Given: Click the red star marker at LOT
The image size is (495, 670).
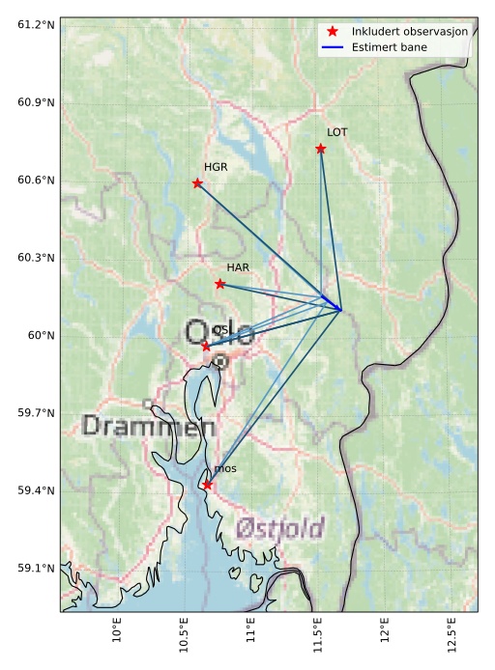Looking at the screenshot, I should coord(320,149).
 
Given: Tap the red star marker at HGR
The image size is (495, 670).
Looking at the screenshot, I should coord(197,183).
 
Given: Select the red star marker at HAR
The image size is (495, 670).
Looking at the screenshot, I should coord(220,284).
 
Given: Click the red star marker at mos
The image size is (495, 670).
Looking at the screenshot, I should coord(207,485).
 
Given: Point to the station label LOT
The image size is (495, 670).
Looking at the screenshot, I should coord(336,132).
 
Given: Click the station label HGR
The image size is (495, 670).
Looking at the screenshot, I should coord(216,167).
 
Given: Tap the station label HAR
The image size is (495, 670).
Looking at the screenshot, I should coord(238,267).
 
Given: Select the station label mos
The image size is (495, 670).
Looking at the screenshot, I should coord(225,469).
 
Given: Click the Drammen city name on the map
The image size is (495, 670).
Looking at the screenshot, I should coord(148,426).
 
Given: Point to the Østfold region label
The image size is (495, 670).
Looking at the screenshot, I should coord(279,528).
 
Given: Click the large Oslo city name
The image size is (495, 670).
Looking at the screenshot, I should coord(220,335).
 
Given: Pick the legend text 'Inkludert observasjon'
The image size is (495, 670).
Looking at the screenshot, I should coord(410,31).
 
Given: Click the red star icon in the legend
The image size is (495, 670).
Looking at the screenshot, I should coord(333,31).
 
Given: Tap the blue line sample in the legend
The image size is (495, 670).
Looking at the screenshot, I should coord(333,46).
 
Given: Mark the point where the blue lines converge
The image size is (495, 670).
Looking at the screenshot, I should coord(340,310).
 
